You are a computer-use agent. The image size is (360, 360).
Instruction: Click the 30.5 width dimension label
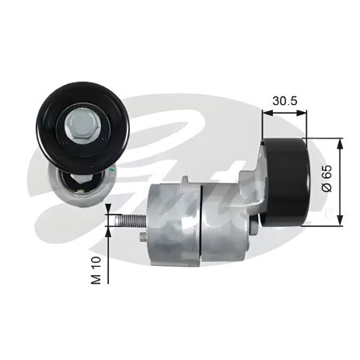point(284,101)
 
